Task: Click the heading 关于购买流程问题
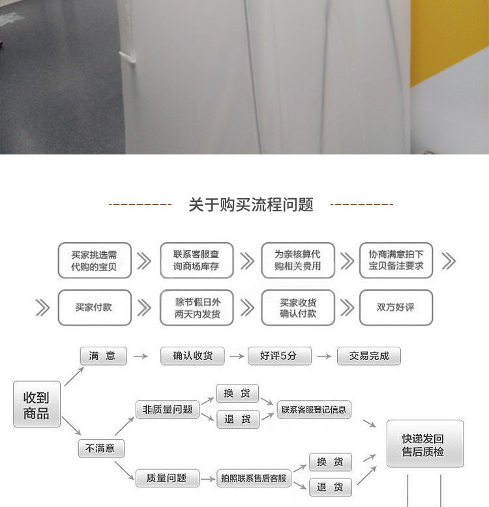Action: pos(251,205)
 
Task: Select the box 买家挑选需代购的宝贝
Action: pos(94,260)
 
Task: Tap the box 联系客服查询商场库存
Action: pos(196,260)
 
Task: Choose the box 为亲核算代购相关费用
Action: pos(298,260)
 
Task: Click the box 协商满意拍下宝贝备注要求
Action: pos(396,260)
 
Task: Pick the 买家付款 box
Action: pos(94,307)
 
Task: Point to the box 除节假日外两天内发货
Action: pos(196,307)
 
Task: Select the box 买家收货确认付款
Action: pos(298,307)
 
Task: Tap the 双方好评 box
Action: pos(396,307)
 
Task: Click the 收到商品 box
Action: pos(37,404)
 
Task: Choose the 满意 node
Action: pos(103,356)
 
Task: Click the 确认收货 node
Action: pos(192,356)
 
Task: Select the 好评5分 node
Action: pos(279,356)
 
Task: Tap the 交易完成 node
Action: pos(369,356)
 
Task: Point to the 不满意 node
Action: pos(101,448)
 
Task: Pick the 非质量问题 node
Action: pos(167,409)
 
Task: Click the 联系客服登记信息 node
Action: pos(314,409)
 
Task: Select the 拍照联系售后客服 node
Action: pos(253,478)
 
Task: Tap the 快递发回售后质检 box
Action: pos(424,444)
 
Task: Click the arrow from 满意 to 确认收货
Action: pos(140,356)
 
